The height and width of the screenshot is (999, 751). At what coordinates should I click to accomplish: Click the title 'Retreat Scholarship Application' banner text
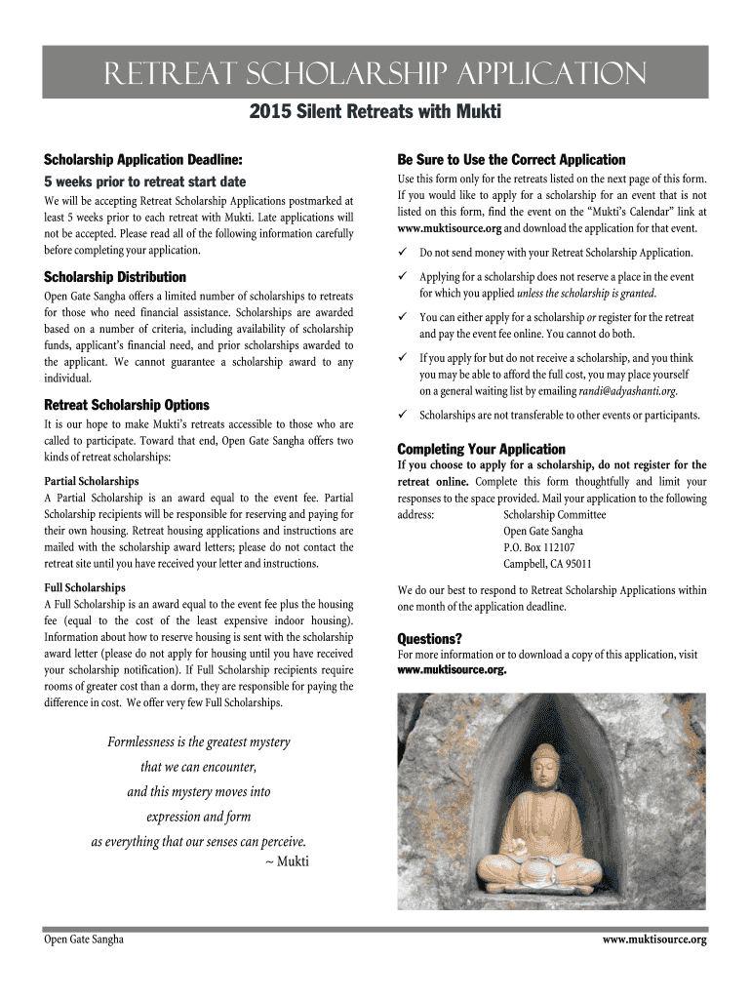point(375,74)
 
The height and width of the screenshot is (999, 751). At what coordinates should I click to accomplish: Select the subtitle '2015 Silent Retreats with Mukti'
point(375,113)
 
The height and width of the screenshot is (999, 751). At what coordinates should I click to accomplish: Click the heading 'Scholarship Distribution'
point(115,277)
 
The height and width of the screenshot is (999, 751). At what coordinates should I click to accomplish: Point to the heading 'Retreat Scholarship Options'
point(127,405)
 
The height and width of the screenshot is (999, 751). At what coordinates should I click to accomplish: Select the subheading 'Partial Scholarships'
point(92,481)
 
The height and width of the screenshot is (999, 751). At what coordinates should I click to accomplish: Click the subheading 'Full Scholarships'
point(85,588)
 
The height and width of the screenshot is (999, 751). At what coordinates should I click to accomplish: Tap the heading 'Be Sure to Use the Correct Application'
point(511,159)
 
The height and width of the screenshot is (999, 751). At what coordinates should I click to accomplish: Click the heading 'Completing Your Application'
point(481,449)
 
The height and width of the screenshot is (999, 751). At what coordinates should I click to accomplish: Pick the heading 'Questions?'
point(430,639)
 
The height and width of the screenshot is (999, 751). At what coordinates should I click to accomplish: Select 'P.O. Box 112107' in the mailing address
point(538,547)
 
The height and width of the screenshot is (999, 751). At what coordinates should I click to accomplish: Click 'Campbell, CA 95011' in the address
point(547,564)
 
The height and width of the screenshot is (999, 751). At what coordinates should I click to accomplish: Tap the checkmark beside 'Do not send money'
point(403,252)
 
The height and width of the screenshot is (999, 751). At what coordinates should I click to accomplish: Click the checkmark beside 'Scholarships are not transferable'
point(403,415)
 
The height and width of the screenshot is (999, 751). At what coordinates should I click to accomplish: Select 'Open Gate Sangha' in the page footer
point(84,939)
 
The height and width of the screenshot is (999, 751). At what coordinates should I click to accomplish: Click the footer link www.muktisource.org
point(654,939)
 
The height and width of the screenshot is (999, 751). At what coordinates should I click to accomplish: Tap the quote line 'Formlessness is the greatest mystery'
point(199,742)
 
